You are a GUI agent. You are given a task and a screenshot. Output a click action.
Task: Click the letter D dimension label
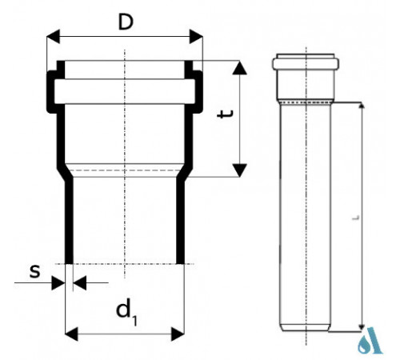pyautogui.click(x=126, y=22)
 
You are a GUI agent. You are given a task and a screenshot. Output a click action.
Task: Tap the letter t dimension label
pyautogui.click(x=226, y=114)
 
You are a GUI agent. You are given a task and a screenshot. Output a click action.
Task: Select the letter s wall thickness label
pyautogui.click(x=35, y=271)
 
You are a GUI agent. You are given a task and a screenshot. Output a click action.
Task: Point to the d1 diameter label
pyautogui.click(x=126, y=311)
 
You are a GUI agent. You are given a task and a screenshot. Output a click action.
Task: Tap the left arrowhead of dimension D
pyautogui.click(x=53, y=37)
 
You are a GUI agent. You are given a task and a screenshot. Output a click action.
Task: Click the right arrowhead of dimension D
pyautogui.click(x=196, y=37)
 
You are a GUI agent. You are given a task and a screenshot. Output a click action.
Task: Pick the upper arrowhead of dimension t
pyautogui.click(x=239, y=68)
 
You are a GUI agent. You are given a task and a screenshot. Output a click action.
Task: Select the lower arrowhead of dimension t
pyautogui.click(x=239, y=170)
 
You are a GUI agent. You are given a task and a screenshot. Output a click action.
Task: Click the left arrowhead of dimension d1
pyautogui.click(x=71, y=334)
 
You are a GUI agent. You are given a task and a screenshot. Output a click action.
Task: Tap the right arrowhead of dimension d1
pyautogui.click(x=178, y=334)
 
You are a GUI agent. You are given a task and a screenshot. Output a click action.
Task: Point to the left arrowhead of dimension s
pyautogui.click(x=58, y=283)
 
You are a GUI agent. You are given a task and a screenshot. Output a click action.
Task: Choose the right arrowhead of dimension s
pyautogui.click(x=79, y=283)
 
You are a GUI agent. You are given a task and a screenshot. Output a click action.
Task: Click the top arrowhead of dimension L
pyautogui.click(x=362, y=106)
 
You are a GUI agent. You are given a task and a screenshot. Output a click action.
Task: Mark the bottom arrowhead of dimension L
pyautogui.click(x=362, y=327)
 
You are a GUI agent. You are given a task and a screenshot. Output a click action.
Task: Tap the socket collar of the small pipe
pyautogui.click(x=306, y=64)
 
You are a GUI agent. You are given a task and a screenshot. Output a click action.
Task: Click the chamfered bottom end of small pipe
pyautogui.click(x=306, y=328)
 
